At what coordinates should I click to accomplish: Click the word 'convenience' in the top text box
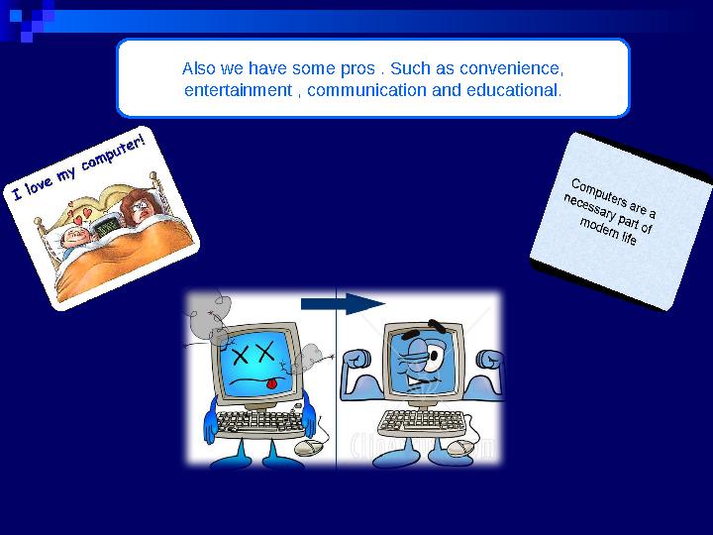520,70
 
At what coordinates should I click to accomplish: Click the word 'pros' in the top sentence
356,70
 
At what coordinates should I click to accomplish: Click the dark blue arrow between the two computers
342,304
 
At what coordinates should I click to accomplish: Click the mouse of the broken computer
310,447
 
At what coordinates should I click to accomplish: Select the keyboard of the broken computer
259,423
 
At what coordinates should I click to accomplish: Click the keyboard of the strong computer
420,422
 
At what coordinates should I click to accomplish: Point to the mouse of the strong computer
461,448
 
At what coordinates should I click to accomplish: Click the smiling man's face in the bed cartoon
74,236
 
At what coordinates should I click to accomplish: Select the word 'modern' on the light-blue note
599,230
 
